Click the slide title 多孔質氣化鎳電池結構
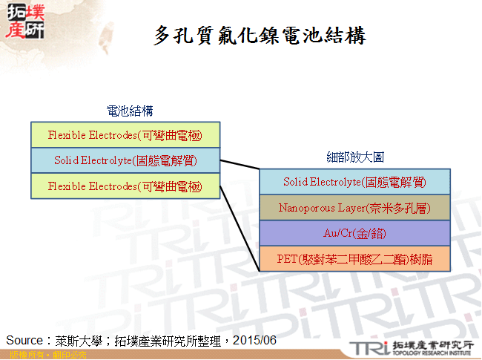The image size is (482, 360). point(260,36)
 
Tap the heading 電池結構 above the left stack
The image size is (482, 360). point(130,111)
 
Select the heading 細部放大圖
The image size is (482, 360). point(355,157)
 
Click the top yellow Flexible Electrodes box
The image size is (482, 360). point(125,135)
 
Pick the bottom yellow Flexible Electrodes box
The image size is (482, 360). point(125,186)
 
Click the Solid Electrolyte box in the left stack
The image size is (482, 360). point(125,160)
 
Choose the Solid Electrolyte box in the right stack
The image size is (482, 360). point(354,182)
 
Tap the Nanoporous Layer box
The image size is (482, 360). point(354,208)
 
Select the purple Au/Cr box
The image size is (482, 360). point(354,233)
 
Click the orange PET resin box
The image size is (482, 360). point(354,258)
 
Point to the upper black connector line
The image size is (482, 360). point(239,166)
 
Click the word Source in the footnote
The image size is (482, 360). point(24,340)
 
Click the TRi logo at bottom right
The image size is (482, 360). point(367,347)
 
